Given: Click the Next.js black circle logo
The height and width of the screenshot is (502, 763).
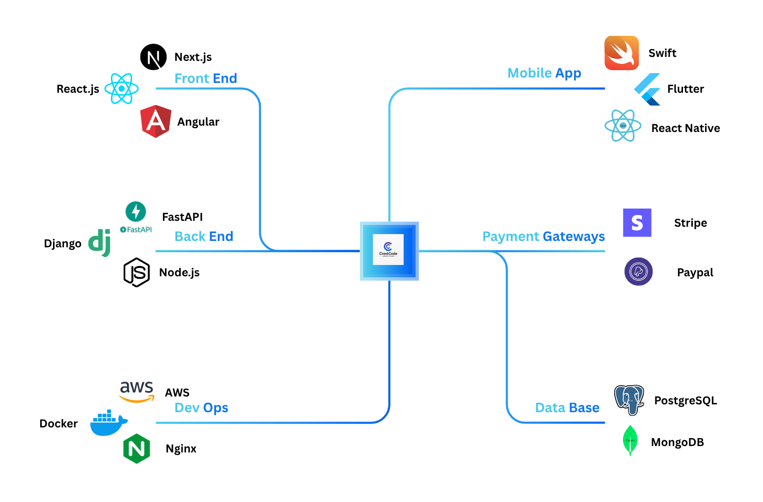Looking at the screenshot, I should (x=153, y=57).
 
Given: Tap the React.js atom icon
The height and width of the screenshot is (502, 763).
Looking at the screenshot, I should (x=121, y=89).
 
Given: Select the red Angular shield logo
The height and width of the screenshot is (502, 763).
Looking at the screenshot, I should (x=156, y=121).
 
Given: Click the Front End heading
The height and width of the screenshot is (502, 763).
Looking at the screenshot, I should (x=206, y=79).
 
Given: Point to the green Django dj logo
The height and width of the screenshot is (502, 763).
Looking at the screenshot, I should (x=100, y=242).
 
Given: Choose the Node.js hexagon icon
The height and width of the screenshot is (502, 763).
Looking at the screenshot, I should (x=136, y=272).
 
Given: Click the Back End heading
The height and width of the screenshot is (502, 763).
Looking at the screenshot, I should (x=204, y=237).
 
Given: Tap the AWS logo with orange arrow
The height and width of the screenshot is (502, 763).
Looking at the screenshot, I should (x=136, y=392).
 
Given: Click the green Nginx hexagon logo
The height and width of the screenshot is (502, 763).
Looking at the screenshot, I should (x=136, y=449).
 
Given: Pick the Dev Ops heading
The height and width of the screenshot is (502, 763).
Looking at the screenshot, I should (x=201, y=408).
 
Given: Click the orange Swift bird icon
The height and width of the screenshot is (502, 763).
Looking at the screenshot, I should (x=622, y=53).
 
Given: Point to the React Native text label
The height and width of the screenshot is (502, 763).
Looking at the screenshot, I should (x=685, y=128).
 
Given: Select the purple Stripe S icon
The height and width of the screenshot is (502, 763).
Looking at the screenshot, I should (x=637, y=223).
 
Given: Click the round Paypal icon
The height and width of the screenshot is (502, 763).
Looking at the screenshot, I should (x=638, y=272).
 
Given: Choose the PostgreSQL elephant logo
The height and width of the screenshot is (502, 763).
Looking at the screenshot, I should (x=629, y=400).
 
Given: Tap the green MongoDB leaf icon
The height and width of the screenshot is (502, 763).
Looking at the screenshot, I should (x=630, y=440).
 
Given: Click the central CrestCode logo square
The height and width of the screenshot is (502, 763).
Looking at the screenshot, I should (x=389, y=251).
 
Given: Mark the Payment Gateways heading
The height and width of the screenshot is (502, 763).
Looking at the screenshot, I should (x=544, y=237).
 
